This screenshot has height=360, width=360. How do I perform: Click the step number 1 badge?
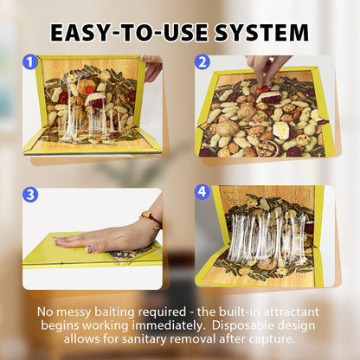click(x=30, y=62)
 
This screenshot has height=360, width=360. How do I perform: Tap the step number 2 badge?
click(x=202, y=62)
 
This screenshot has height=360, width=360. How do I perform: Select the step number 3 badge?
click(x=30, y=194)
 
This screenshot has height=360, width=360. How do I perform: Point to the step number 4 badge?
click(x=202, y=192)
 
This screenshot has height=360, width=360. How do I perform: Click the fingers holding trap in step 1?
click(x=152, y=67)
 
